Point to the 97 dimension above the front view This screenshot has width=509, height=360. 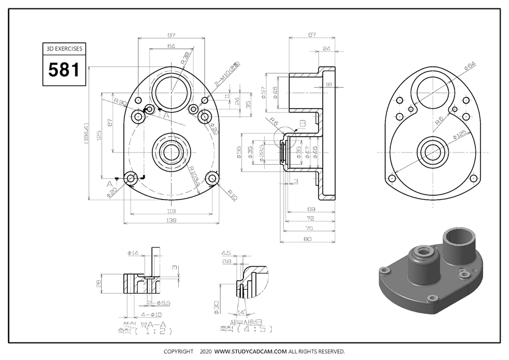pos(171,35)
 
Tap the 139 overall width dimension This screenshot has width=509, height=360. pos(171,221)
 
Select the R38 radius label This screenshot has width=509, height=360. pos(185,58)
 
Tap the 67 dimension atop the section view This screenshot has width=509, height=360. pos(312,35)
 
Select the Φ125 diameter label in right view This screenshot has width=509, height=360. pos(461,136)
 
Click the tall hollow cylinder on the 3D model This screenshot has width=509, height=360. pos(461,244)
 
